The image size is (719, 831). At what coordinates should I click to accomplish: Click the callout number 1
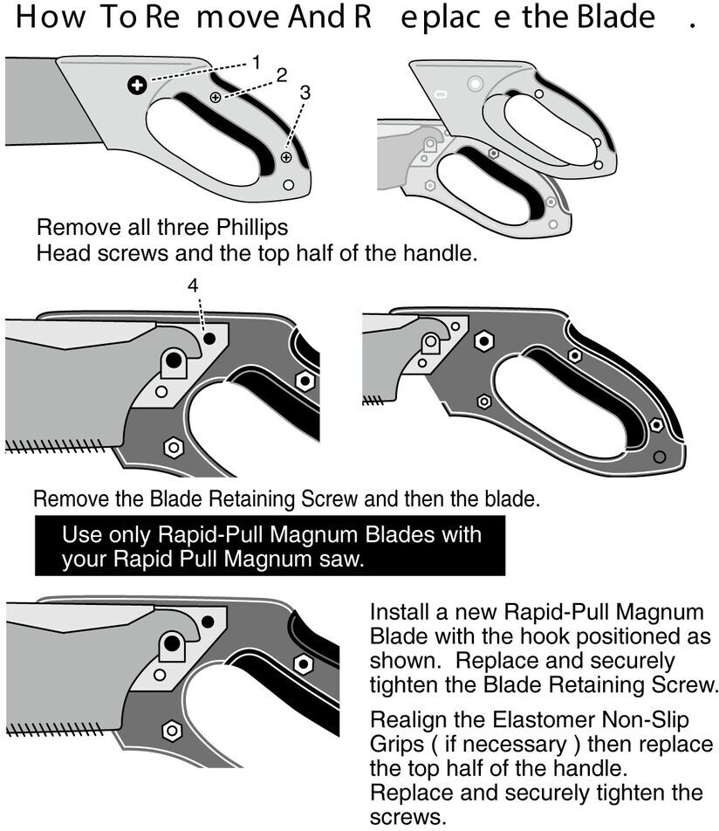pyautogui.click(x=256, y=61)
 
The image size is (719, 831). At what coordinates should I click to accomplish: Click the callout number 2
pyautogui.click(x=281, y=75)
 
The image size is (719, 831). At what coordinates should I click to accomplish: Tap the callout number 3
pyautogui.click(x=305, y=92)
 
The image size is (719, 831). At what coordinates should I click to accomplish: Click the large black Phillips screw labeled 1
pyautogui.click(x=135, y=85)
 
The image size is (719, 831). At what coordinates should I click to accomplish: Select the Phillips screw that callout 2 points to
pyautogui.click(x=216, y=98)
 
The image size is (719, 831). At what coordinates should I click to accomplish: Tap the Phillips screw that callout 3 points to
pyautogui.click(x=286, y=156)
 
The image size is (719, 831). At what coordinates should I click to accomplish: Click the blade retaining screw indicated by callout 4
pyautogui.click(x=209, y=337)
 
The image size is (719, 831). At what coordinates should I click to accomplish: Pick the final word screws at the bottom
pyautogui.click(x=401, y=817)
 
